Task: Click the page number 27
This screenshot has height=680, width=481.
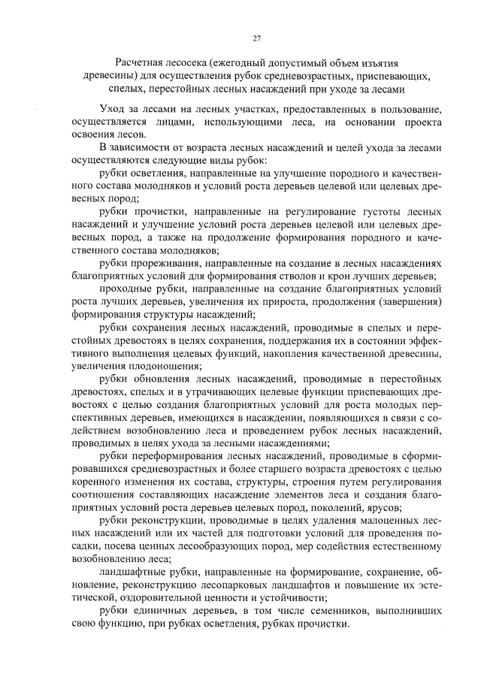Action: click(x=256, y=38)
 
